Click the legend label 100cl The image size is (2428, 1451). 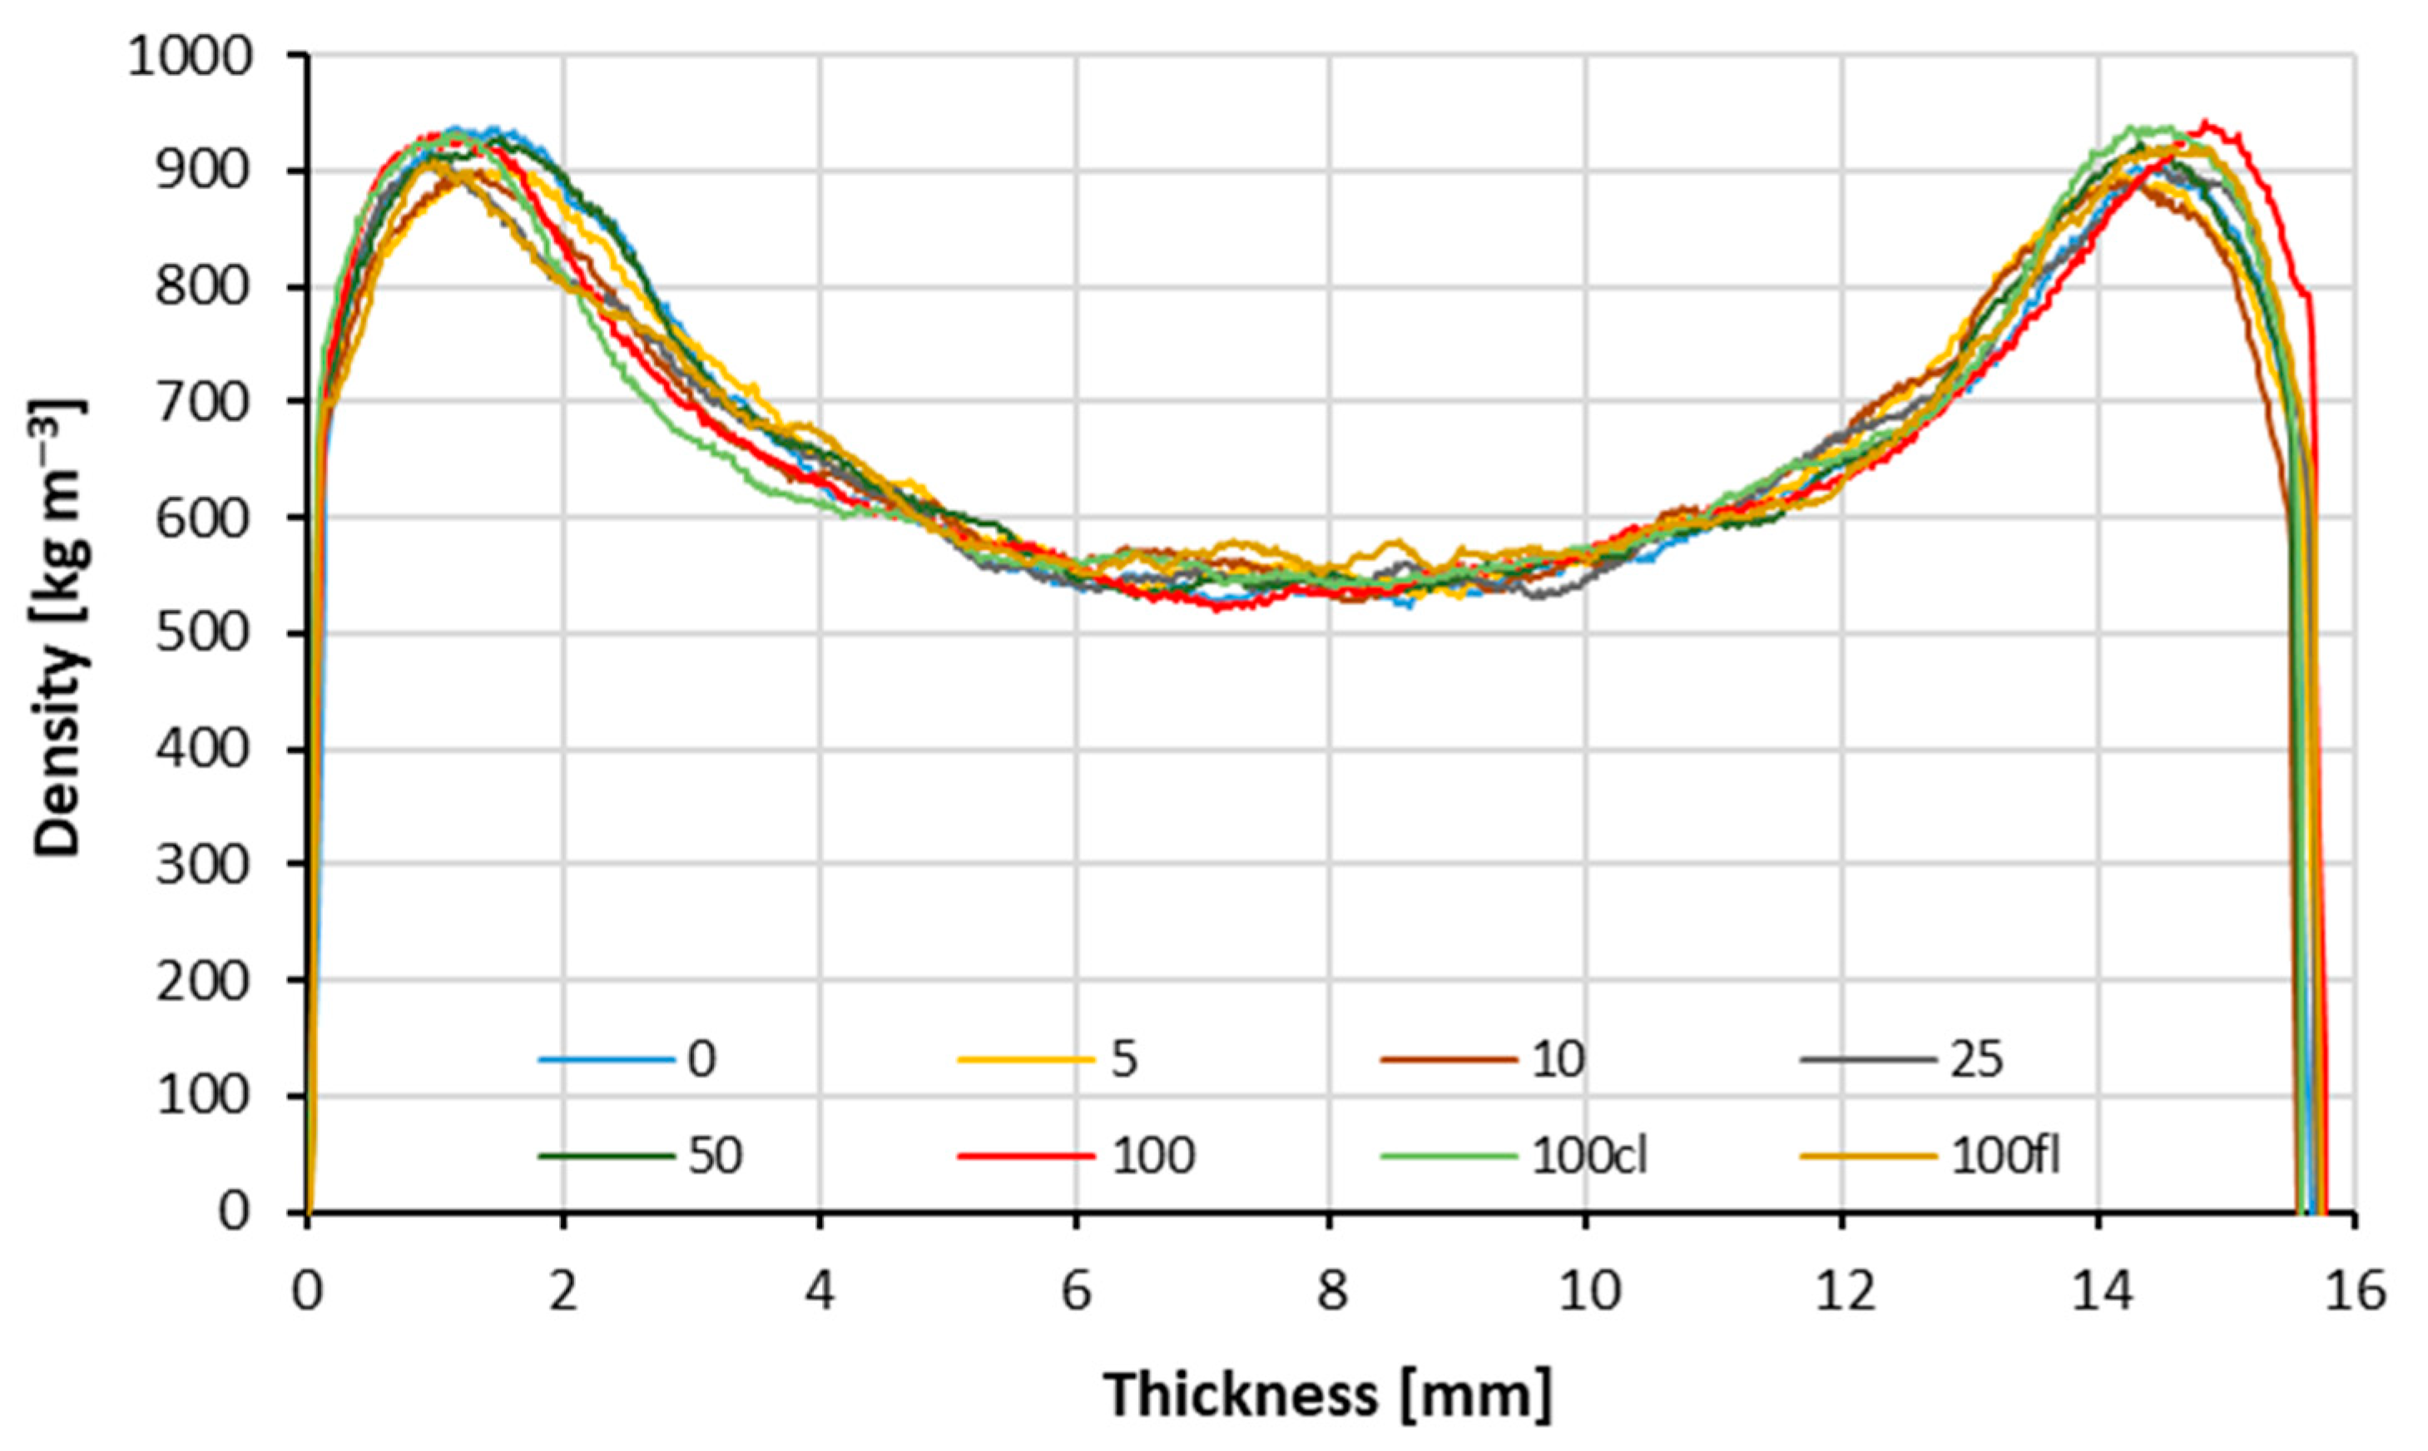pyautogui.click(x=1589, y=1156)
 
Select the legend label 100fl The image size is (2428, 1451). pyautogui.click(x=2006, y=1156)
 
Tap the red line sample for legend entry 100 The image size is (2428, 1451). pyautogui.click(x=1026, y=1156)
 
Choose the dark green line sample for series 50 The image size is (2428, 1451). pyautogui.click(x=607, y=1156)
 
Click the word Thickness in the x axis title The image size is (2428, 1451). pyautogui.click(x=1241, y=1395)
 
